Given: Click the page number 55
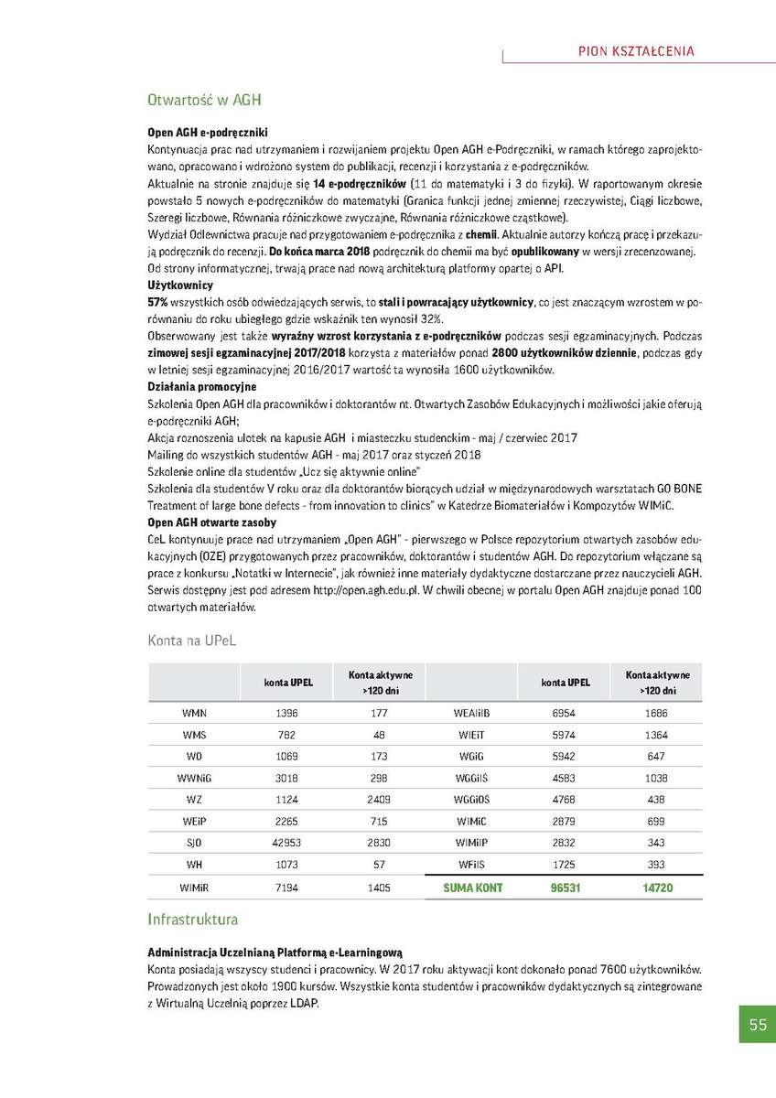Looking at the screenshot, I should (x=758, y=1025).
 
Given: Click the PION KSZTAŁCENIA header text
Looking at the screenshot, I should (x=637, y=51).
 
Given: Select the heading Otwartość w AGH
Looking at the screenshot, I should (x=206, y=100).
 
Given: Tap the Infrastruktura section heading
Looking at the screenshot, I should (x=193, y=919).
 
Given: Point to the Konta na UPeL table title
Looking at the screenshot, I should (x=192, y=641).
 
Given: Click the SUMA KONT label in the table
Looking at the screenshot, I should (x=473, y=888).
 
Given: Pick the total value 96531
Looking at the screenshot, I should (x=565, y=888).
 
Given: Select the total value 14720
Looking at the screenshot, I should (x=657, y=888).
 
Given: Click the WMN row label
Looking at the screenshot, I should (x=194, y=713).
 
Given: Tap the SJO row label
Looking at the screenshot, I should (x=194, y=844).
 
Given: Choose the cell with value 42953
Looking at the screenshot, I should (x=287, y=844).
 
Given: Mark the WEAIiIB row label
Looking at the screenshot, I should (x=473, y=713).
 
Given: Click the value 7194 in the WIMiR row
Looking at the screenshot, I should (x=287, y=888).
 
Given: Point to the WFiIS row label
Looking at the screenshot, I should (x=473, y=866).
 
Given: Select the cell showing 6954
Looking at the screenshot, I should (x=565, y=713).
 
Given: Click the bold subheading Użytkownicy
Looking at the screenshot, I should (x=180, y=285).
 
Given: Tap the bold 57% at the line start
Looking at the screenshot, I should (x=157, y=301).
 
